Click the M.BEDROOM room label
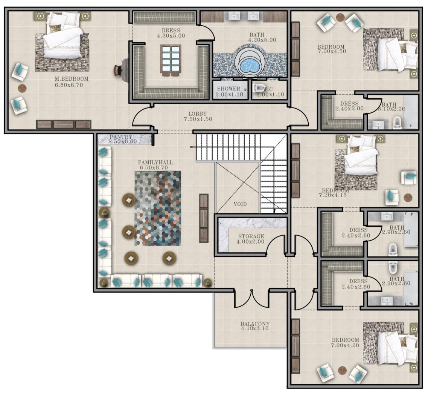(x=72, y=79)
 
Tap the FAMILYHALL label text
(x=155, y=163)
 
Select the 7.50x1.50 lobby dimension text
(x=198, y=119)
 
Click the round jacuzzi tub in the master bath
(x=250, y=63)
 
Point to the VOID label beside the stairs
(x=240, y=204)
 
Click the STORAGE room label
(x=251, y=236)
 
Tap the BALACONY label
(x=255, y=324)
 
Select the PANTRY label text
(x=121, y=137)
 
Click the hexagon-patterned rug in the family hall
(x=158, y=209)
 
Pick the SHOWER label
(x=229, y=89)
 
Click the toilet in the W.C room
(x=258, y=87)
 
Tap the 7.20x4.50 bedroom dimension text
(x=332, y=51)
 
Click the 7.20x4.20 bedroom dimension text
(x=345, y=345)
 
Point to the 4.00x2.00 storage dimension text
(x=250, y=242)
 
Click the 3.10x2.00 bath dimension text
(x=391, y=109)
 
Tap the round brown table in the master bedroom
(x=22, y=88)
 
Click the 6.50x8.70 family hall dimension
(x=154, y=168)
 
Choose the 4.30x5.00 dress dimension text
(x=171, y=36)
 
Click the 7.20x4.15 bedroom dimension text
(x=333, y=195)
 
